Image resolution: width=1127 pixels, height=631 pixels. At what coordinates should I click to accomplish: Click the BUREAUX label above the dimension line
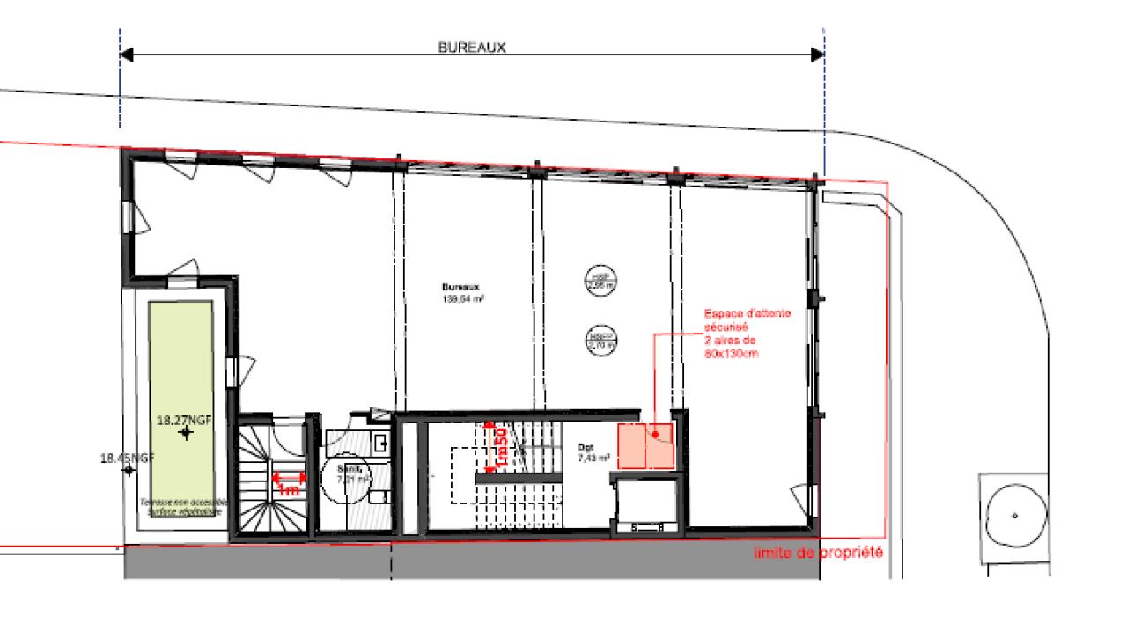[472, 48]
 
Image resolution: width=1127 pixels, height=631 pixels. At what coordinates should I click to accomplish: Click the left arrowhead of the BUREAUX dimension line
[126, 55]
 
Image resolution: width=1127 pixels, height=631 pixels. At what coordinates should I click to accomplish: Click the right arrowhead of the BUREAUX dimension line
[817, 55]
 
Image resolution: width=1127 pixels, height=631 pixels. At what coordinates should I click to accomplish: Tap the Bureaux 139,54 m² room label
[464, 293]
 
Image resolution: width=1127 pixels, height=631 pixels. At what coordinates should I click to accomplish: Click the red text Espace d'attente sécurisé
[733, 319]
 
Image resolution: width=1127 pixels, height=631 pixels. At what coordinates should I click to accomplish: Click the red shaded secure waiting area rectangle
[645, 446]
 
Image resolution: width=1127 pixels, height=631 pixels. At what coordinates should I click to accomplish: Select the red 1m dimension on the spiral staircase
[289, 482]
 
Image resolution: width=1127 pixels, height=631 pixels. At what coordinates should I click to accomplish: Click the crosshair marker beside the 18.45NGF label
[129, 470]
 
